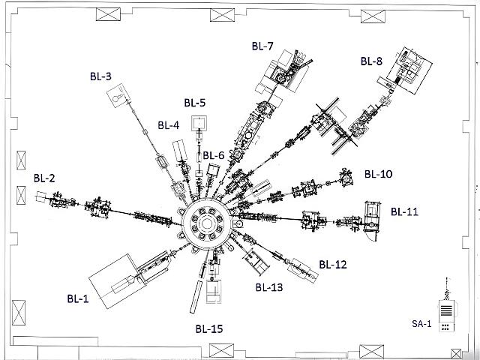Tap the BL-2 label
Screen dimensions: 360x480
[x=44, y=178]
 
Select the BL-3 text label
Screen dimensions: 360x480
[x=100, y=76]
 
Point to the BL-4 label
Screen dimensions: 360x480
[x=168, y=125]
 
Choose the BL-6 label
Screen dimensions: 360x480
[x=214, y=155]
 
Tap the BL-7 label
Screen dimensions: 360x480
[x=262, y=46]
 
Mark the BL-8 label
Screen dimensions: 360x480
[x=371, y=61]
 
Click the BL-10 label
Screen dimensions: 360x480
[x=378, y=174]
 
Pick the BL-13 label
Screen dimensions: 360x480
[x=268, y=286]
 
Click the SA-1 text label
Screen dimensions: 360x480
[x=421, y=324]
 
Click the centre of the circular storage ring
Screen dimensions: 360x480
[x=206, y=223]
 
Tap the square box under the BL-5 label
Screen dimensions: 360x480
[x=199, y=122]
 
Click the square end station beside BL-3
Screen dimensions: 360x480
[x=118, y=97]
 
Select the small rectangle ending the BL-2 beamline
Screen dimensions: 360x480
[x=41, y=198]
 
